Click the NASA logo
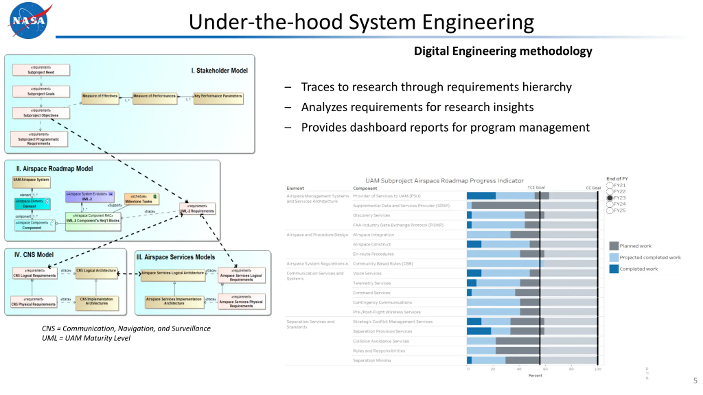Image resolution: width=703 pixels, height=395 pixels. pyautogui.click(x=29, y=20)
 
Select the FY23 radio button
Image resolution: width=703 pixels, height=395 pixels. pyautogui.click(x=610, y=198)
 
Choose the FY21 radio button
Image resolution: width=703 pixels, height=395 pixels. pyautogui.click(x=610, y=185)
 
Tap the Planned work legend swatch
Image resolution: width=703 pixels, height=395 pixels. pyautogui.click(x=614, y=246)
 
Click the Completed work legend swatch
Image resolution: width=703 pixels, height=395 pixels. pyautogui.click(x=614, y=269)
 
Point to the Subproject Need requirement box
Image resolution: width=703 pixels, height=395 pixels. pyautogui.click(x=41, y=70)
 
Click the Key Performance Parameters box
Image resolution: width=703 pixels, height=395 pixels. pyautogui.click(x=218, y=98)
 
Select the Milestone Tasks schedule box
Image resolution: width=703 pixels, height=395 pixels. pyautogui.click(x=141, y=199)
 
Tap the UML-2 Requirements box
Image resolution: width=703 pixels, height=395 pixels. pyautogui.click(x=197, y=209)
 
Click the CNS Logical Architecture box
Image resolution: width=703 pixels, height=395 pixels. pyautogui.click(x=96, y=273)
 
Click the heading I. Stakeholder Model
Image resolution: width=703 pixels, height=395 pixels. pyautogui.click(x=219, y=71)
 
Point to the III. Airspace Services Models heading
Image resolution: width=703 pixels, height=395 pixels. pyautogui.click(x=176, y=257)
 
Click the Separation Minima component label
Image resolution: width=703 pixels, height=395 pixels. pyautogui.click(x=372, y=360)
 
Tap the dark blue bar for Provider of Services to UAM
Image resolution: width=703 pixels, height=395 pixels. pyautogui.click(x=481, y=196)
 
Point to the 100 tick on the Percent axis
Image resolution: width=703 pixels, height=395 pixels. pyautogui.click(x=598, y=369)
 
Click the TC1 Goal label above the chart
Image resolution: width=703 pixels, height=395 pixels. pyautogui.click(x=536, y=187)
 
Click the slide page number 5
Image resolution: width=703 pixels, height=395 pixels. pyautogui.click(x=695, y=381)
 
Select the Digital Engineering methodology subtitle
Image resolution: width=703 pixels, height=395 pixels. pyautogui.click(x=503, y=51)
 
